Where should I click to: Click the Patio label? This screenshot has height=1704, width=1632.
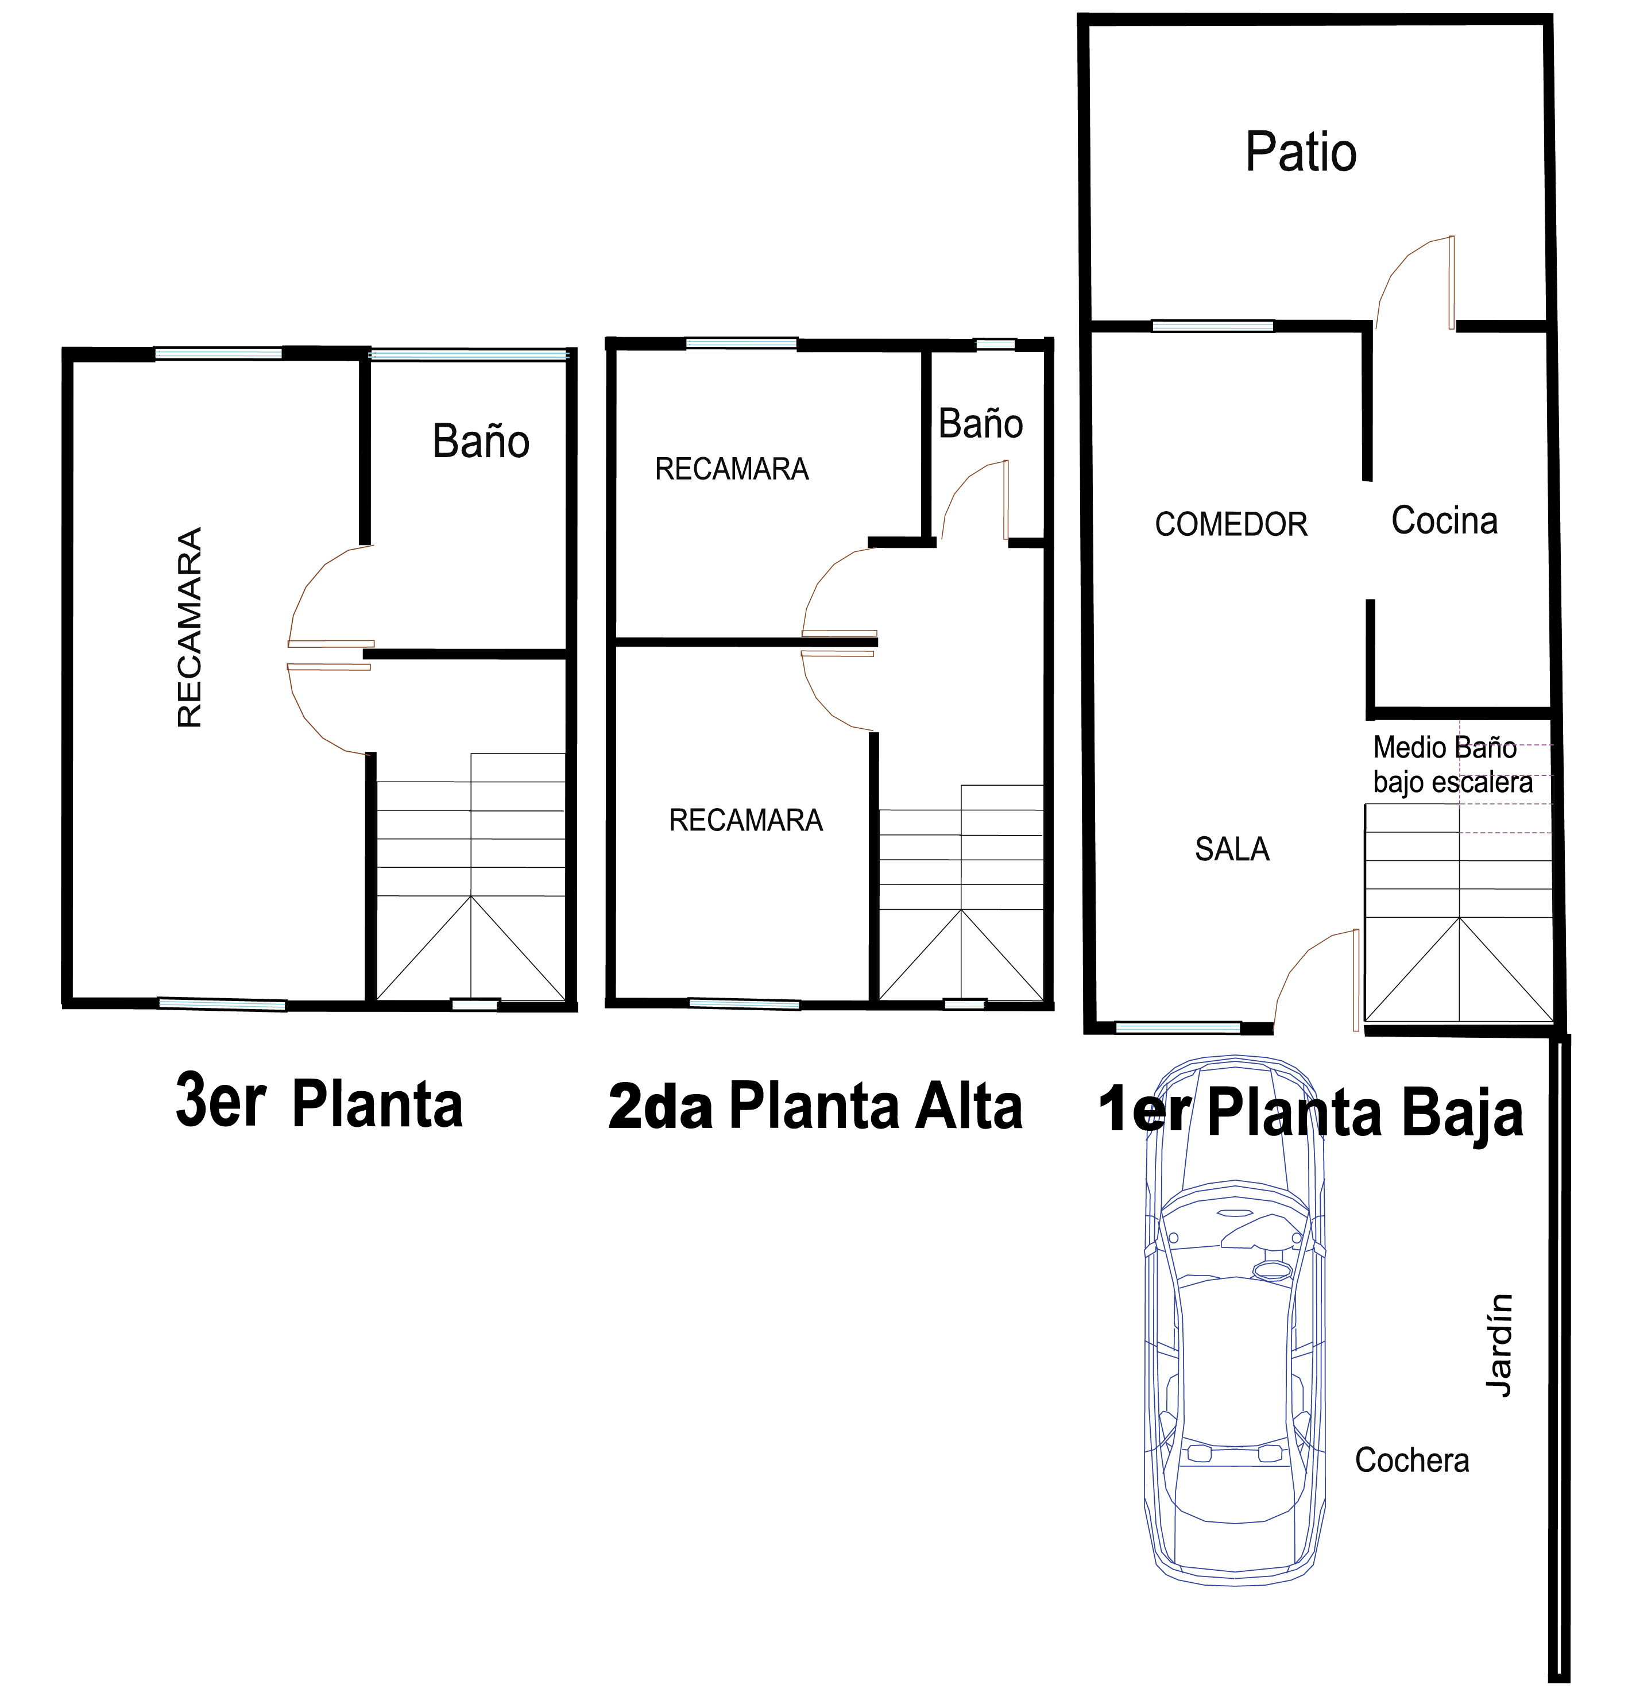(x=1300, y=152)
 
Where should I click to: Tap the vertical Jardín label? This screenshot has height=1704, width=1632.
(x=1499, y=1345)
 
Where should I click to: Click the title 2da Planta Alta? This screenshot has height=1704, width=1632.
(x=815, y=1106)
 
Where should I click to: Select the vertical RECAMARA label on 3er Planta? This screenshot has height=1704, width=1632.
(x=190, y=627)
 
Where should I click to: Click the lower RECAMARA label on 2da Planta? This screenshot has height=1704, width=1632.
(x=745, y=820)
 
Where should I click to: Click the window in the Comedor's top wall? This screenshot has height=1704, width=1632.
(x=1212, y=326)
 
